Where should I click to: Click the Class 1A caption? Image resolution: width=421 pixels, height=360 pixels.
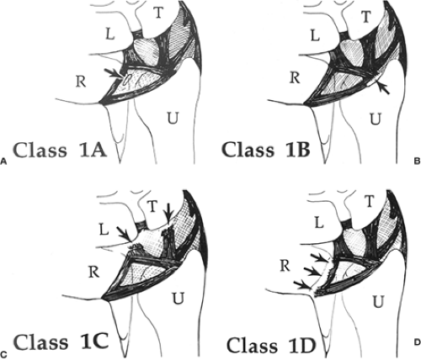pyautogui.click(x=61, y=150)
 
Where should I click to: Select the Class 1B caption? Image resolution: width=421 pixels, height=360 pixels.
pyautogui.click(x=266, y=149)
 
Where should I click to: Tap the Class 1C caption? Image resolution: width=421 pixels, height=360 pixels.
pyautogui.click(x=61, y=341)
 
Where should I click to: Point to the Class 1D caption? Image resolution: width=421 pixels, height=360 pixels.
pyautogui.click(x=271, y=345)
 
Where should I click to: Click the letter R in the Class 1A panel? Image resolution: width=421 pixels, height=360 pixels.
pyautogui.click(x=81, y=82)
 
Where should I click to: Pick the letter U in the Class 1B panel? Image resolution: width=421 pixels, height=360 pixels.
pyautogui.click(x=376, y=119)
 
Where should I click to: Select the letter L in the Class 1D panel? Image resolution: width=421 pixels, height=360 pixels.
pyautogui.click(x=318, y=223)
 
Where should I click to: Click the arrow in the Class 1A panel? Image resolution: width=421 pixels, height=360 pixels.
pyautogui.click(x=114, y=73)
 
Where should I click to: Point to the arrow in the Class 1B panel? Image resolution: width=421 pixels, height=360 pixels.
pyautogui.click(x=383, y=87)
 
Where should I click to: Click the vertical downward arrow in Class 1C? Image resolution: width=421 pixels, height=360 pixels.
pyautogui.click(x=168, y=213)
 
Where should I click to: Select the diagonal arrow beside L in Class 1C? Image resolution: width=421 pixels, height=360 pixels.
pyautogui.click(x=124, y=234)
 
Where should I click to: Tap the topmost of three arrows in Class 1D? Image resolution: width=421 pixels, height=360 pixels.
pyautogui.click(x=320, y=257)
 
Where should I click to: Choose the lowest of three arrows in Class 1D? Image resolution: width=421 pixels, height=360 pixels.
pyautogui.click(x=302, y=284)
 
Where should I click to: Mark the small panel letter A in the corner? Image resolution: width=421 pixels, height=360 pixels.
pyautogui.click(x=3, y=161)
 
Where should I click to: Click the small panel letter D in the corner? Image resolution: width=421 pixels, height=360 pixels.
pyautogui.click(x=418, y=342)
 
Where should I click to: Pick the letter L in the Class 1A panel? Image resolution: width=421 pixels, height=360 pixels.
pyautogui.click(x=109, y=34)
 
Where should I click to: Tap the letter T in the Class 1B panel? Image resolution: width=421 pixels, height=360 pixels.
pyautogui.click(x=365, y=17)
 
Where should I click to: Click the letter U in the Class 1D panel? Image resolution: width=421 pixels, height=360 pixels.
pyautogui.click(x=379, y=301)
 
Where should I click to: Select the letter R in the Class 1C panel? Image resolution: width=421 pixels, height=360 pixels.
pyautogui.click(x=93, y=273)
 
